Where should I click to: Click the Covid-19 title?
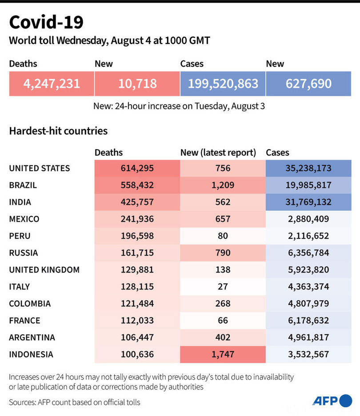(46, 22)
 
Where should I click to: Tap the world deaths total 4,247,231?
(52, 83)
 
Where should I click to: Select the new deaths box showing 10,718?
(137, 83)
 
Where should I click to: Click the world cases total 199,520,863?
(223, 83)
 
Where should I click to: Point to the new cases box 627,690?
(308, 83)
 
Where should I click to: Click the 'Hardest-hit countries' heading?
(58, 131)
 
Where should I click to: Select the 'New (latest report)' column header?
(218, 153)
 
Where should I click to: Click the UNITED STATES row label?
(40, 168)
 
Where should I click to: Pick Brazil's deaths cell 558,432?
(137, 185)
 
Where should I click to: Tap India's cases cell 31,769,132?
(308, 202)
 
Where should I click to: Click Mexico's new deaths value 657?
(223, 219)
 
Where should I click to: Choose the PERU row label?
(20, 236)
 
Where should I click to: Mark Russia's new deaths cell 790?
(223, 253)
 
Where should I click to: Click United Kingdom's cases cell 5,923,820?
(308, 269)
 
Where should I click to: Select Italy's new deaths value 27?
(223, 286)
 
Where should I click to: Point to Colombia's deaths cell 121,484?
(137, 304)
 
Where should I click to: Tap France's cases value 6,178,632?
(308, 321)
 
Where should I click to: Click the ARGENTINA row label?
(32, 337)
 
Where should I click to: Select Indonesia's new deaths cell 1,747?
(223, 354)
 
